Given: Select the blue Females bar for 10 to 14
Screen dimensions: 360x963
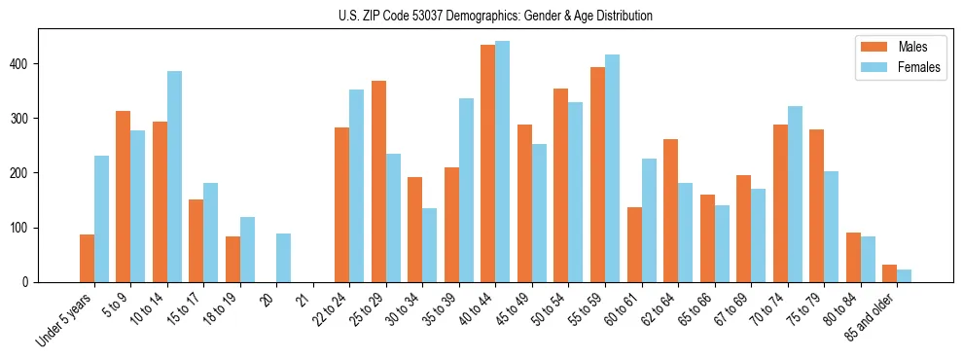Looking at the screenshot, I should (x=174, y=176).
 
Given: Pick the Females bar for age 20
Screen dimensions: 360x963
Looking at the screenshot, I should (x=284, y=258).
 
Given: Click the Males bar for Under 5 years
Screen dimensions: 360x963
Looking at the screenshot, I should (x=87, y=258).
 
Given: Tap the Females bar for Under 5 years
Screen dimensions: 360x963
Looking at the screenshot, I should (x=101, y=219).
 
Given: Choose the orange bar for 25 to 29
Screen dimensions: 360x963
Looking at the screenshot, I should (x=378, y=181).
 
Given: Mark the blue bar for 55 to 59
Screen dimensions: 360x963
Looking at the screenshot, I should (x=612, y=168).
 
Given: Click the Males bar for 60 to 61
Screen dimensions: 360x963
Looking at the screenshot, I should (x=634, y=244).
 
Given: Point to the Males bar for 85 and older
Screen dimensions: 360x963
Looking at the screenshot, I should (x=889, y=273).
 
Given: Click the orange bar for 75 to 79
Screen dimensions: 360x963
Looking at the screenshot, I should (x=816, y=205).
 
